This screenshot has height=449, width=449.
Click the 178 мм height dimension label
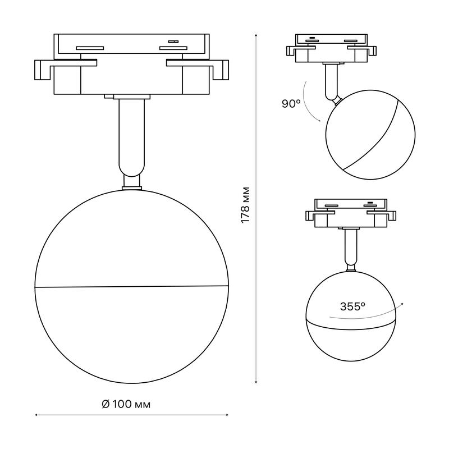[245, 205]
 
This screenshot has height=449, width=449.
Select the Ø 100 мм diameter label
[126, 404]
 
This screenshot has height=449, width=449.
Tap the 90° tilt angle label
[291, 104]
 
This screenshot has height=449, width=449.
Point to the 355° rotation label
[352, 306]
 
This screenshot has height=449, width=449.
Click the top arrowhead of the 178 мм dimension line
[256, 35]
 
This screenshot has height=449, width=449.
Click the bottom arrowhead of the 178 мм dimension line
[256, 382]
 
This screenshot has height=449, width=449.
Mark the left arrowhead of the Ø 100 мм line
[36, 415]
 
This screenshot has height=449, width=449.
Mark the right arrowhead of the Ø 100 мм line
[227, 415]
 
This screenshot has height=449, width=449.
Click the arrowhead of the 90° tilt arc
[319, 121]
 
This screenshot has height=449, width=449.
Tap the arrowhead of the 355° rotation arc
[402, 304]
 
